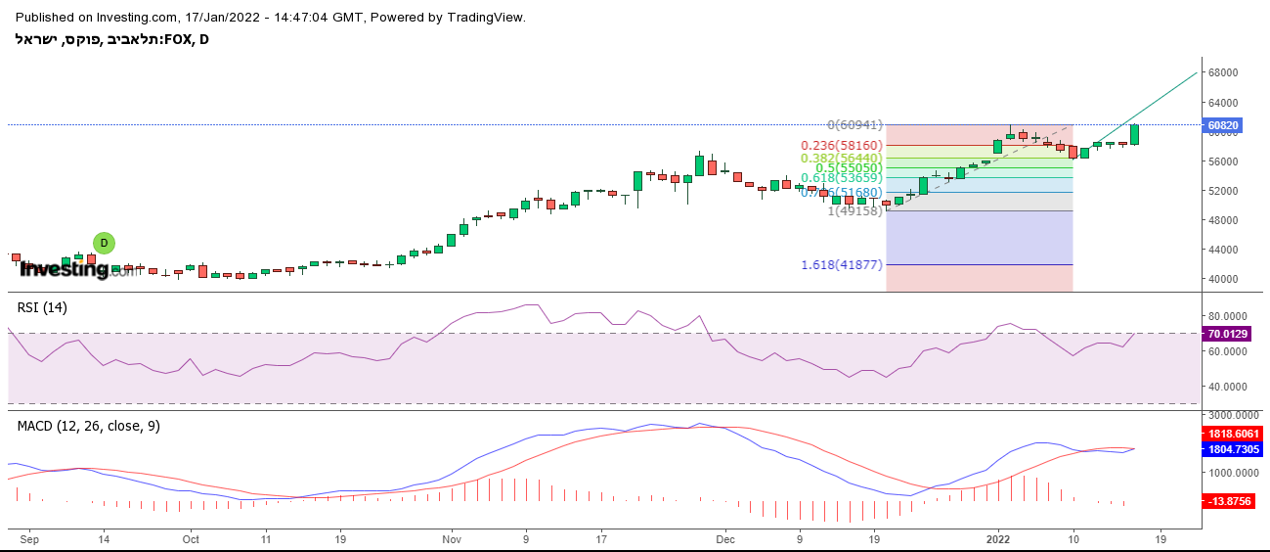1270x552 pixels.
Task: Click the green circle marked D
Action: pos(104,243)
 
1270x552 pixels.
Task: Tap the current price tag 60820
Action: pos(1224,125)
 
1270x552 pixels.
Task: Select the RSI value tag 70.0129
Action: pos(1228,334)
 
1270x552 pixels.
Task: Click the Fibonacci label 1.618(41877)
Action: pos(842,265)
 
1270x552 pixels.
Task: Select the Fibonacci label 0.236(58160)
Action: pos(842,145)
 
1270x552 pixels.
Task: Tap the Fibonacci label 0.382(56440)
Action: pos(842,158)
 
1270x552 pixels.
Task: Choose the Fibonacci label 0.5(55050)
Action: pos(850,168)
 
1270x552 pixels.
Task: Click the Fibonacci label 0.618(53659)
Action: pos(842,178)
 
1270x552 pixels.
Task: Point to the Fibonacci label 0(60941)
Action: pos(855,125)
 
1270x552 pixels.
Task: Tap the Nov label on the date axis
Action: pos(451,538)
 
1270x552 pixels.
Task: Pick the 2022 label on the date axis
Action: pos(997,538)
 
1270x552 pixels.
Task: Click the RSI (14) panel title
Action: pos(42,307)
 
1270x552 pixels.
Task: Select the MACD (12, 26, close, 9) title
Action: pos(89,426)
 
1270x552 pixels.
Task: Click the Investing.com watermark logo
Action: pos(78,270)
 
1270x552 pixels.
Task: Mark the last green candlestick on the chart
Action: pos(1135,134)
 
